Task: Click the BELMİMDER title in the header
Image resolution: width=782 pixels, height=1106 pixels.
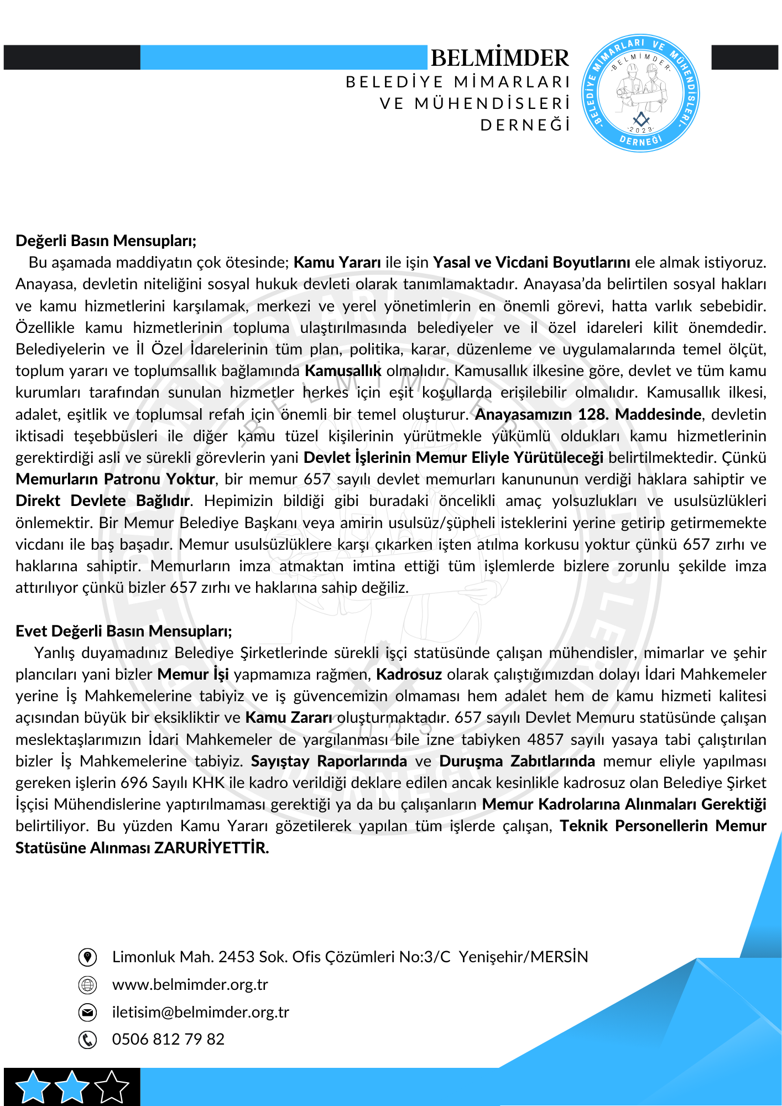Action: tap(499, 58)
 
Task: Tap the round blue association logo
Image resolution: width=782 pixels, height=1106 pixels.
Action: tap(640, 93)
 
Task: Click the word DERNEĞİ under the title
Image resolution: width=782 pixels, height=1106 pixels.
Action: tap(525, 126)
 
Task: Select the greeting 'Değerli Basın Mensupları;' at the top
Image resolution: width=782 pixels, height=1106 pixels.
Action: tap(106, 241)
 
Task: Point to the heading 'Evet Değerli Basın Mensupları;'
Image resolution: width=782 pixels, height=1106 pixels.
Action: tap(124, 631)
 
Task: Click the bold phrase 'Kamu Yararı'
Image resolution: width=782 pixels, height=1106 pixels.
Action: tap(337, 262)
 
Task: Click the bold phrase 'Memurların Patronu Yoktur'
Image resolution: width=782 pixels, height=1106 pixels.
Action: tap(115, 479)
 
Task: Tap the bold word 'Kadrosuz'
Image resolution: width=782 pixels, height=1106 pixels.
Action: tap(409, 675)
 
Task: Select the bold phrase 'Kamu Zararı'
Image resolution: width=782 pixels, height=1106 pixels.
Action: tap(289, 718)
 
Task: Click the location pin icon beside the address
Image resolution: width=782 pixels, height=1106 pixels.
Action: tap(87, 957)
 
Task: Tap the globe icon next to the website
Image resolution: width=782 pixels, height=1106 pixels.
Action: tap(87, 984)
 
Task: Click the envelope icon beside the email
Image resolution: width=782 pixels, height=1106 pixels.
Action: tap(87, 1012)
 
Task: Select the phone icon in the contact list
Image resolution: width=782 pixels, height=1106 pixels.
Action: tap(87, 1040)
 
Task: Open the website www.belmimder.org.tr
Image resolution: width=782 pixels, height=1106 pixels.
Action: tap(190, 984)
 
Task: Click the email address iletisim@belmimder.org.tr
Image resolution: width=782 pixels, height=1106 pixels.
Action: tap(200, 1012)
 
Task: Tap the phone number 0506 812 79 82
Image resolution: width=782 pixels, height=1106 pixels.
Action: tap(168, 1039)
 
